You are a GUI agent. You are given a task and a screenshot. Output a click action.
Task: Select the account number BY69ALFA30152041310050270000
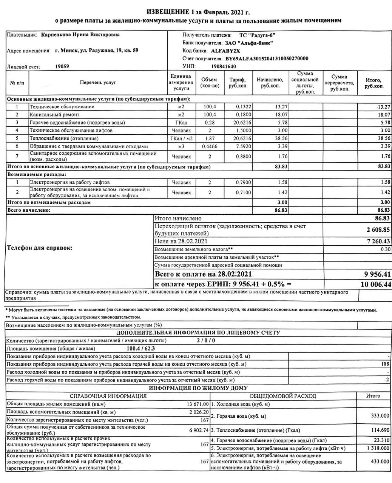pos(267,58)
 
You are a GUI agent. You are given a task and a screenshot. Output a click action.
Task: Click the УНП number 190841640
pos(224,66)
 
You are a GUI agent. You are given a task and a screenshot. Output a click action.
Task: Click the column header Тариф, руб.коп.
pos(238,83)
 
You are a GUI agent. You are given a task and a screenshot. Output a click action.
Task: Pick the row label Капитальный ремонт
pos(55,114)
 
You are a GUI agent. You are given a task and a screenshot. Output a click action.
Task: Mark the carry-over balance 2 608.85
pos(378,229)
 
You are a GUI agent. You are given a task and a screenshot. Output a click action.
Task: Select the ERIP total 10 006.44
pos(376,284)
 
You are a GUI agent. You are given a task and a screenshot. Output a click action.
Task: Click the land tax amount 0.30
pos(385,249)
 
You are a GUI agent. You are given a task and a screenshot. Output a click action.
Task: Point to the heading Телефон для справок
pos(40,248)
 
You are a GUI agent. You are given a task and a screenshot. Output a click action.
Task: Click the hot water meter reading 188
pos(385,364)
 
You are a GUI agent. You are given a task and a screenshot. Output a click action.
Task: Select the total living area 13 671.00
pos(198,404)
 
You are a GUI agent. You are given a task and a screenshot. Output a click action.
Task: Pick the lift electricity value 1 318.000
pos(378,448)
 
